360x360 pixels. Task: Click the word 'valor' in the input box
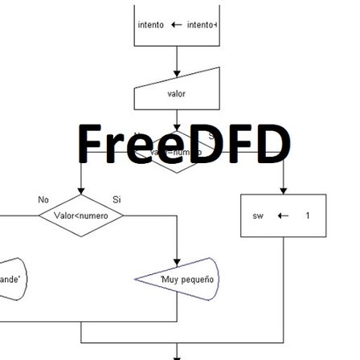[x=175, y=94]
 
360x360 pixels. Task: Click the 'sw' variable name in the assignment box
[x=258, y=215]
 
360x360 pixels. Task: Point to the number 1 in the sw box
[x=306, y=215]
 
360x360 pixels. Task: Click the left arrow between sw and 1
[x=281, y=215]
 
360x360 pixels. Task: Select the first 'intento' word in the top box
[x=150, y=26]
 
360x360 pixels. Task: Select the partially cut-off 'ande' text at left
[x=10, y=280]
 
